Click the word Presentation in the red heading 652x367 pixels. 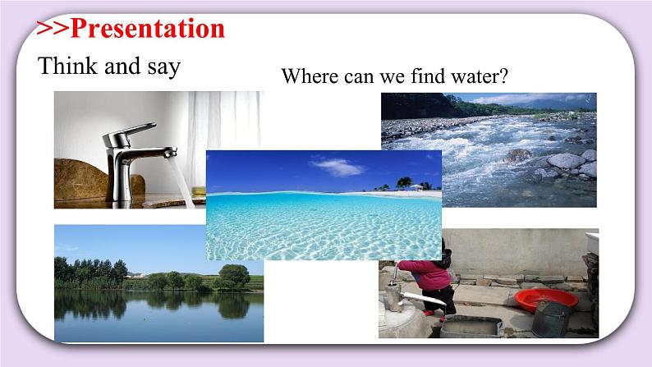(x=147, y=28)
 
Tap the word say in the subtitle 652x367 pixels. (x=160, y=68)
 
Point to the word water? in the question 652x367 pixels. (x=480, y=77)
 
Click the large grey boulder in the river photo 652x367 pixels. (x=566, y=161)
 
